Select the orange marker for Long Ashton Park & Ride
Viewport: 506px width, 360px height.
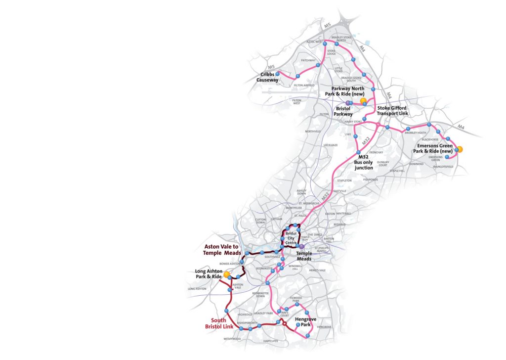(226, 274)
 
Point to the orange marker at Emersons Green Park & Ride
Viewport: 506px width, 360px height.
(460, 149)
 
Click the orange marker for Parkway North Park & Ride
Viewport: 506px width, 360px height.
(363, 101)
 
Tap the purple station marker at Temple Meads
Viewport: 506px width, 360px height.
(301, 246)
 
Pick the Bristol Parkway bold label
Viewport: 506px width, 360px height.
(343, 111)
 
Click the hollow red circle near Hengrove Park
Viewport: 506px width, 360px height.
(284, 324)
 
